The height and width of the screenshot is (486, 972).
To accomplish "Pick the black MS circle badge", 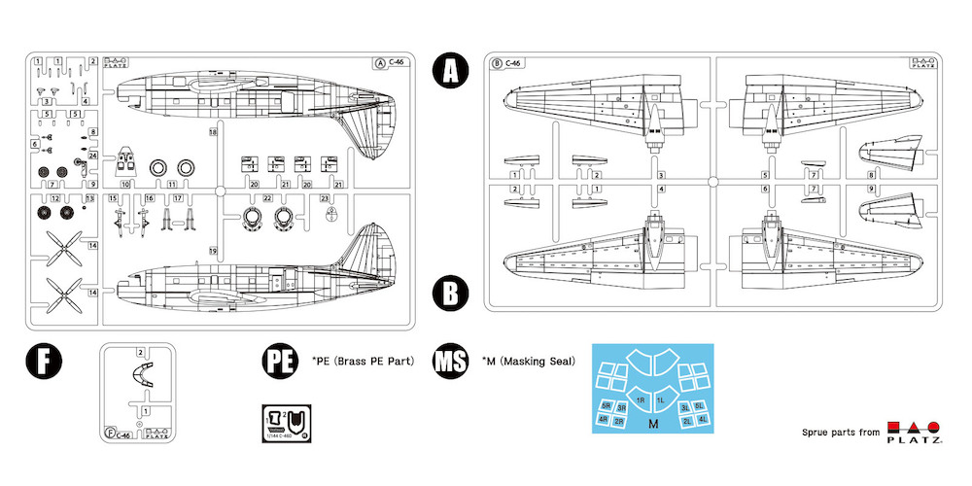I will coord(452,361).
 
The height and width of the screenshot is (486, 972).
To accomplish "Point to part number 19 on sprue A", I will coord(212,251).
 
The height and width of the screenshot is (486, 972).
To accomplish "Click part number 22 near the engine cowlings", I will coord(267,197).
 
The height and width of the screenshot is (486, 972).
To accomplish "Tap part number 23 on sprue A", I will coord(324,197).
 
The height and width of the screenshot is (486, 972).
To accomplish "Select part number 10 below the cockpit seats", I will coord(125,184).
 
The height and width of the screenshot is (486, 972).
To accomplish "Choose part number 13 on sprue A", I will coord(90,197).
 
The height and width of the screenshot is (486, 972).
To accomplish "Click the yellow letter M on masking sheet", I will coord(652,425).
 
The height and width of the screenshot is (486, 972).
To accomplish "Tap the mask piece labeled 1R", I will coord(641,399).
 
